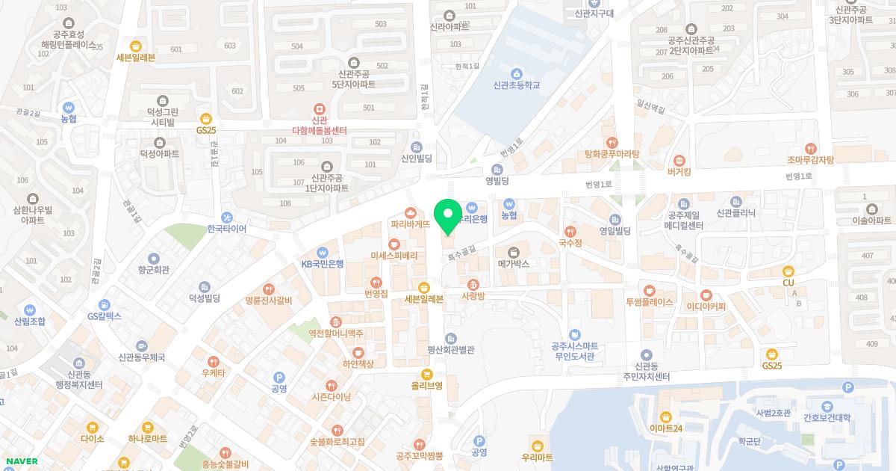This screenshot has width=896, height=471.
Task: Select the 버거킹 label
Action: (x=679, y=171)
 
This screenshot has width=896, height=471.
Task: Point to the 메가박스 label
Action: (x=514, y=264)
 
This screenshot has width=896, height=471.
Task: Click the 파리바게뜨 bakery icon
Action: (x=410, y=212)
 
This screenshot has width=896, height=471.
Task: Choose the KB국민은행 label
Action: (x=323, y=263)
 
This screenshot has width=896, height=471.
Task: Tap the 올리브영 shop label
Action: (x=427, y=386)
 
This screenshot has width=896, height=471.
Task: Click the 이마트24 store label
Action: (x=666, y=428)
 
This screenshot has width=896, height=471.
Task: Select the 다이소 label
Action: (x=93, y=439)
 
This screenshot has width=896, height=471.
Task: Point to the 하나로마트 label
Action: (x=148, y=439)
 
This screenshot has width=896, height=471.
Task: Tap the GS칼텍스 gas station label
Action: (x=105, y=316)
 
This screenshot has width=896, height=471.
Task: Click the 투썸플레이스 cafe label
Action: (x=650, y=302)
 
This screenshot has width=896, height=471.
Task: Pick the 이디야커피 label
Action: (x=706, y=305)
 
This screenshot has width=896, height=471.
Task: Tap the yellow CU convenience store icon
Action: (x=788, y=271)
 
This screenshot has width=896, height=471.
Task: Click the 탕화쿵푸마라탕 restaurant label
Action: (x=612, y=154)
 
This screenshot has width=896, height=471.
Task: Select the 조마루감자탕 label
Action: (x=810, y=159)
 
